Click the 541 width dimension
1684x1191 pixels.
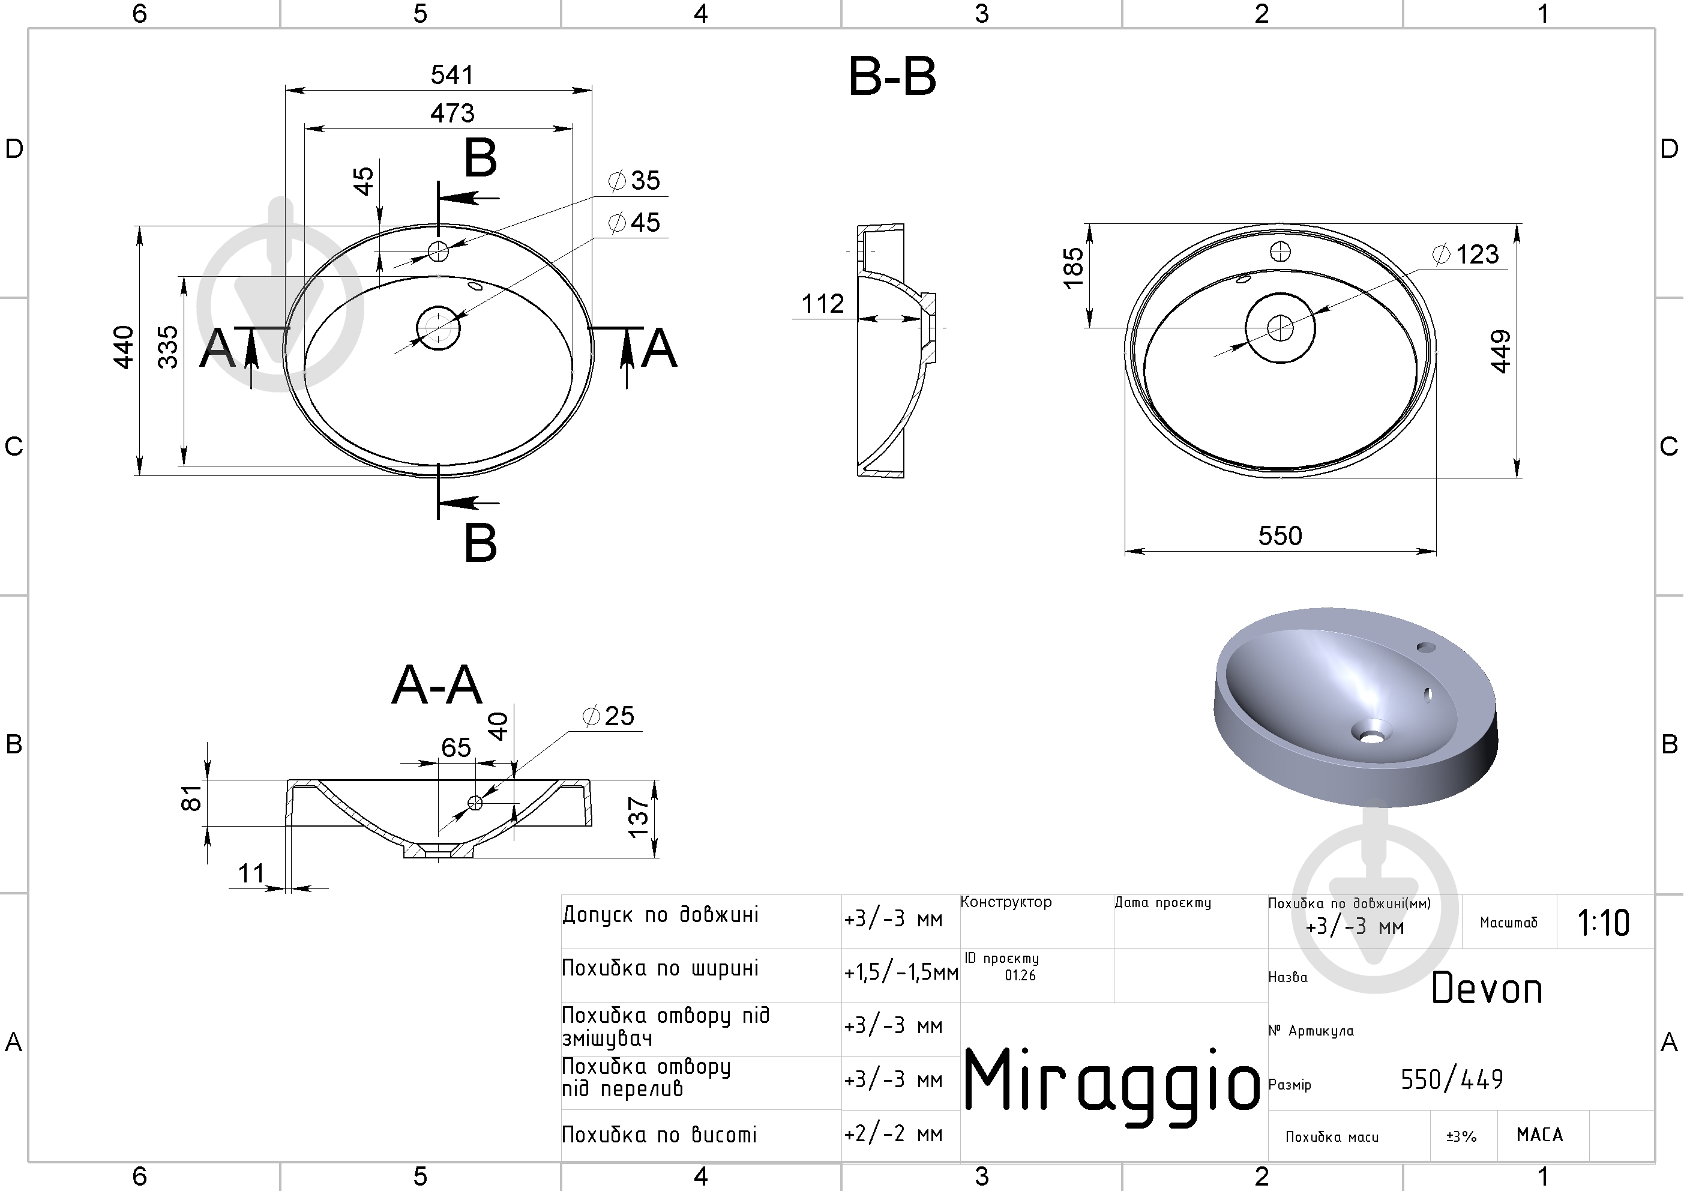coord(452,75)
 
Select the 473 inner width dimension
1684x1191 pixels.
coord(452,113)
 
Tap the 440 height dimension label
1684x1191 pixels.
coord(124,347)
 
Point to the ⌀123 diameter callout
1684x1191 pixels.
coord(1466,254)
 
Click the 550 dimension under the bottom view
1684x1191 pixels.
coord(1280,535)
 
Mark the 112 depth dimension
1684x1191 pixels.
coord(822,303)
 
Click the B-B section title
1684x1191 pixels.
coord(892,76)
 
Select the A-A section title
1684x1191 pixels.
coord(437,686)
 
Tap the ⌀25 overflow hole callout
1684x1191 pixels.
coord(608,716)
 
